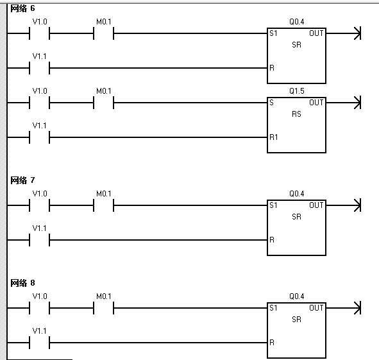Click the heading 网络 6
(22, 9)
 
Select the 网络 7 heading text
(22, 180)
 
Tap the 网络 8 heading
(22, 283)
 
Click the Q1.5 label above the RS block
(296, 91)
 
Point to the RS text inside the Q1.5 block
(296, 114)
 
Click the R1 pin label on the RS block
(274, 137)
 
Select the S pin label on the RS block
(272, 103)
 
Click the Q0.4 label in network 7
(296, 194)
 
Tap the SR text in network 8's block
(296, 320)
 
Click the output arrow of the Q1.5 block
(343, 103)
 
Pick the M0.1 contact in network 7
(103, 205)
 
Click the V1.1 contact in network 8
(39, 343)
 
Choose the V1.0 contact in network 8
(39, 308)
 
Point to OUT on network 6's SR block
(316, 33)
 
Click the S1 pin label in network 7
(273, 205)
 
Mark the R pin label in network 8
(272, 343)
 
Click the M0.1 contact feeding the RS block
(103, 103)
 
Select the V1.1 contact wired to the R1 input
(39, 137)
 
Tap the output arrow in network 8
(343, 308)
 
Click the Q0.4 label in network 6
(296, 22)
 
